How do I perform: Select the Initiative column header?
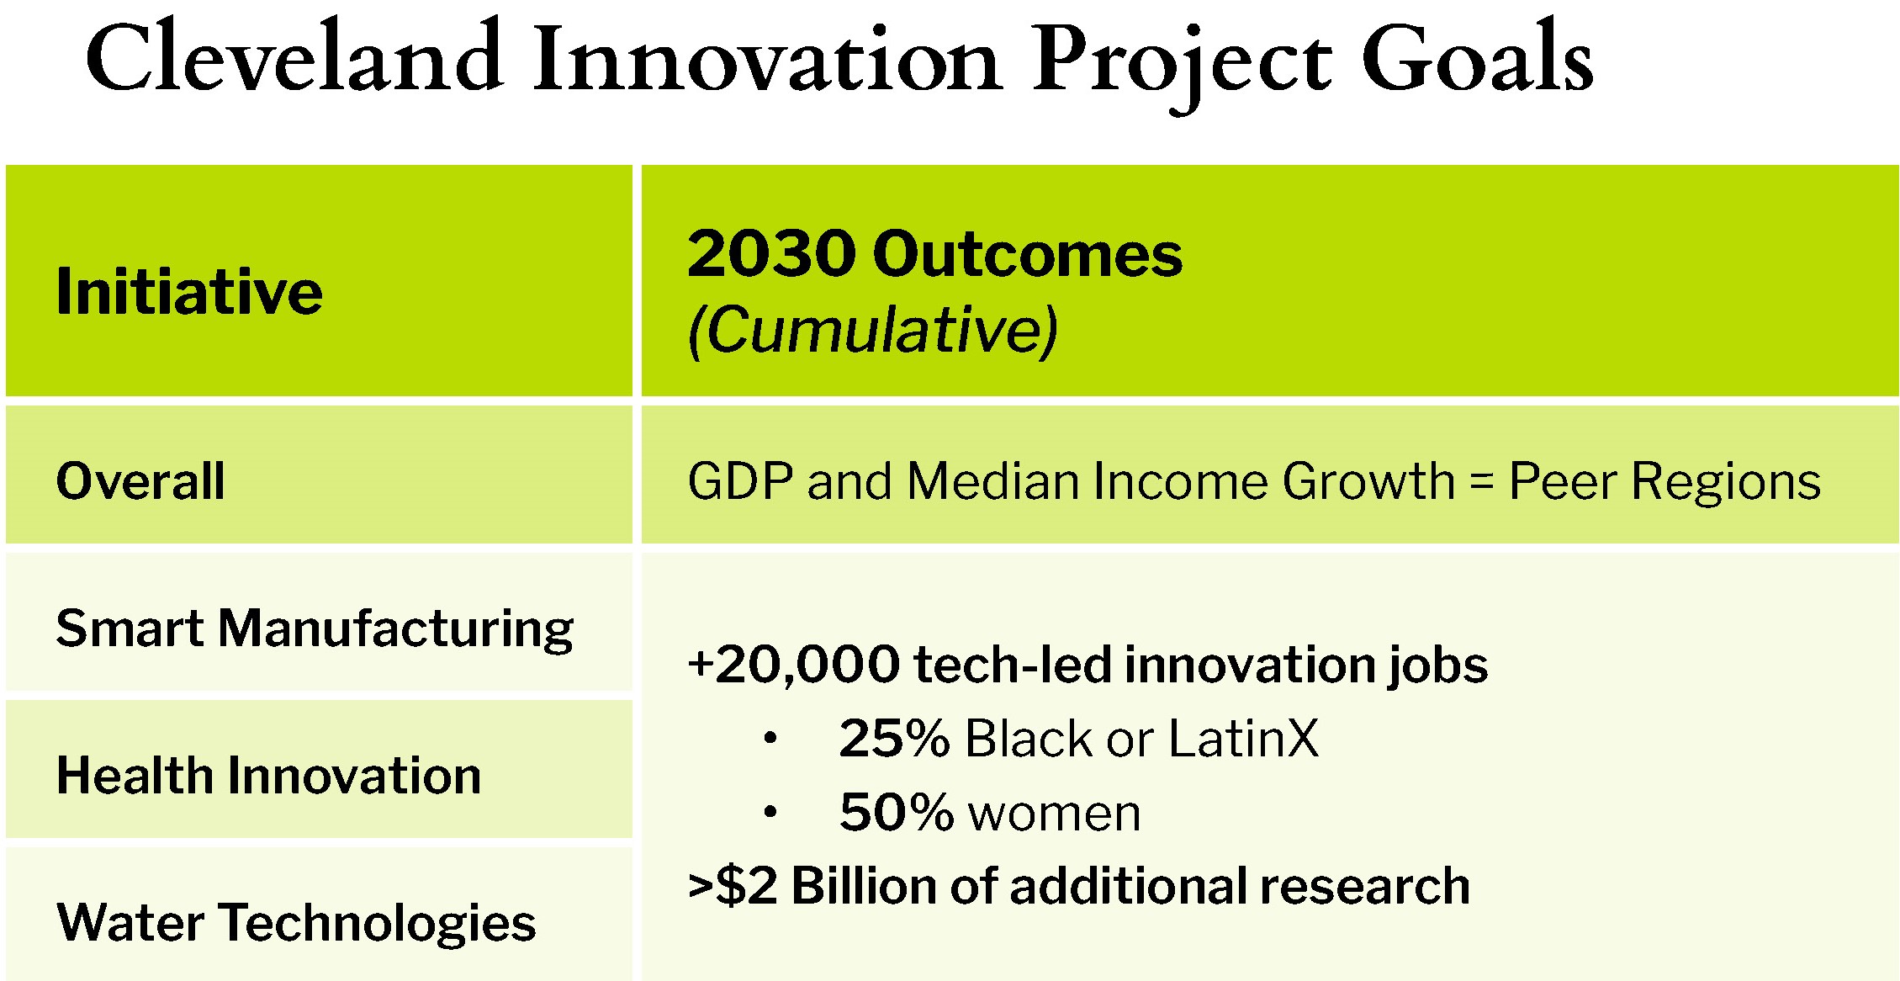pyautogui.click(x=189, y=292)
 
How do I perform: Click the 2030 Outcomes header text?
pyautogui.click(x=934, y=254)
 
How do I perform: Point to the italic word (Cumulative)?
pyautogui.click(x=872, y=330)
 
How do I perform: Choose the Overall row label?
pyautogui.click(x=140, y=481)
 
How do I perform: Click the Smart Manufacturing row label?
pyautogui.click(x=315, y=628)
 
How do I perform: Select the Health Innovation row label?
pyautogui.click(x=268, y=775)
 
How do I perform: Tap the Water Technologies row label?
pyautogui.click(x=296, y=922)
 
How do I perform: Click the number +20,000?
pyautogui.click(x=793, y=665)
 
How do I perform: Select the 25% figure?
pyautogui.click(x=894, y=739)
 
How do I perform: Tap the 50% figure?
pyautogui.click(x=896, y=813)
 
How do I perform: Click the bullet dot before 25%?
pyautogui.click(x=770, y=740)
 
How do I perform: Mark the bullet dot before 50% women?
pyautogui.click(x=770, y=813)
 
